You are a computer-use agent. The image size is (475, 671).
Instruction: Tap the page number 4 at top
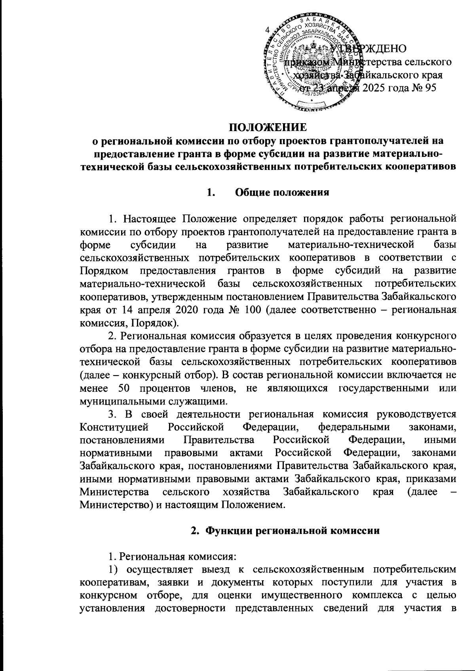pyautogui.click(x=267, y=30)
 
